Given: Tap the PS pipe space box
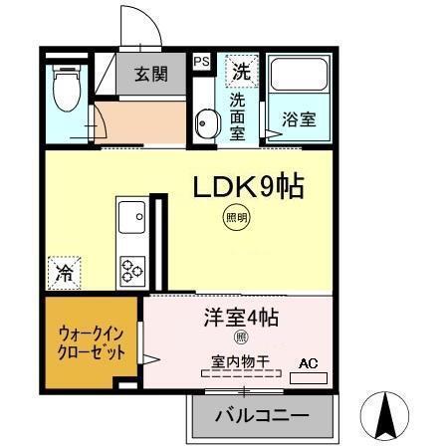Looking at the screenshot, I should pos(201,62).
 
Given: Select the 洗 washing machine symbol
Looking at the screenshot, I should pos(241,70).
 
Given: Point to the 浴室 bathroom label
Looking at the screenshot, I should pos(299,119).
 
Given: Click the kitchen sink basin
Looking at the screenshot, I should pos(131,215).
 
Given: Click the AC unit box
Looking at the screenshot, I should pos(310,371).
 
